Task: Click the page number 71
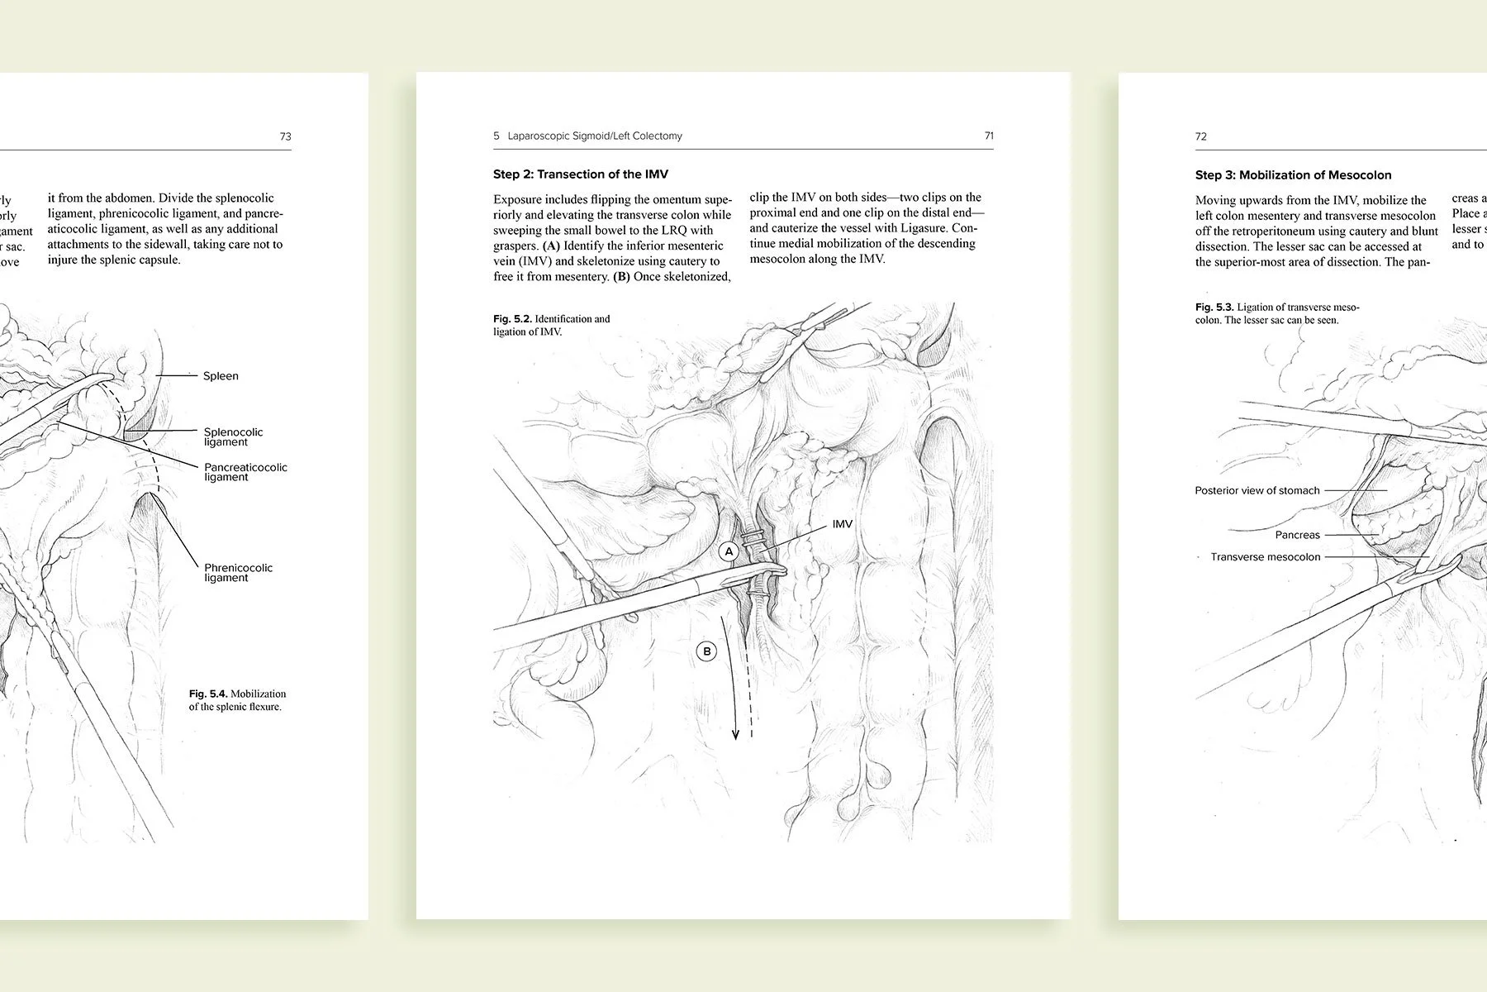pos(989,136)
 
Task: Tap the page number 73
pos(285,136)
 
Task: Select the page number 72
pos(1201,136)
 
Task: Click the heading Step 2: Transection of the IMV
pos(581,174)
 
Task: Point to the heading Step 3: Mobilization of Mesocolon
pos(1293,175)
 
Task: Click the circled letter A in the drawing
pos(728,551)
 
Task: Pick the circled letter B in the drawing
pos(706,651)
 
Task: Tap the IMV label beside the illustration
pos(842,524)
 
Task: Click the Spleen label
pos(221,376)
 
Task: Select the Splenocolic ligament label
pos(233,436)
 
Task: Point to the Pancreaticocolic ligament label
pos(245,472)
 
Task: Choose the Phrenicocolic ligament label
pos(238,572)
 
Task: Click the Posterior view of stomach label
pos(1257,491)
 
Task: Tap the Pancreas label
pos(1297,536)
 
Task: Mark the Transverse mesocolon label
pos(1265,557)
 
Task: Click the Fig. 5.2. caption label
pos(512,319)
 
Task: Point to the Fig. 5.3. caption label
pos(1214,308)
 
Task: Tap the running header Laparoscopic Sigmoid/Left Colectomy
pos(595,136)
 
